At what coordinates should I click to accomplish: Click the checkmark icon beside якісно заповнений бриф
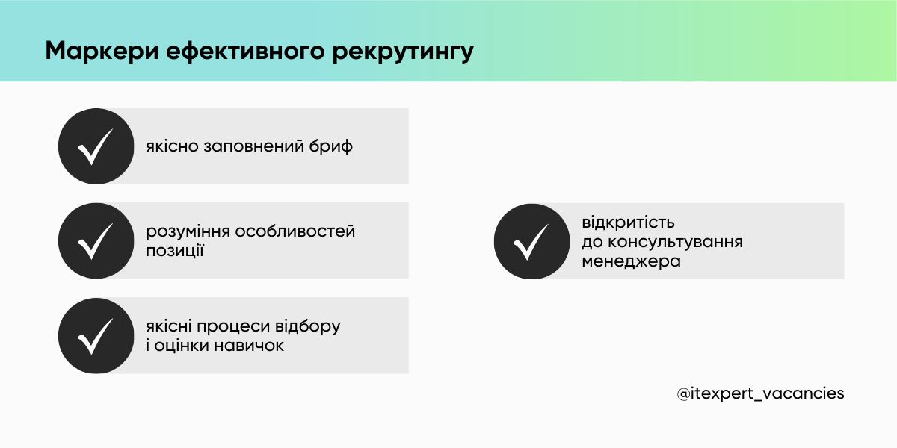pos(96,146)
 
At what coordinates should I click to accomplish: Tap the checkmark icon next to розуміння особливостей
pos(96,240)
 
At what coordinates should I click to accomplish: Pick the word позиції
pos(175,251)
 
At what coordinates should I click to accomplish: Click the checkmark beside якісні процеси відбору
pos(96,335)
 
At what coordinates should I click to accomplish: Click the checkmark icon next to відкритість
pos(532,241)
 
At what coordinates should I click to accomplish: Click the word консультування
pos(675,242)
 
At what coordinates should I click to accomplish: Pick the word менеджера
pos(632,261)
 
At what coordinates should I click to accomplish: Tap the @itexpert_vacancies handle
pos(760,393)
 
